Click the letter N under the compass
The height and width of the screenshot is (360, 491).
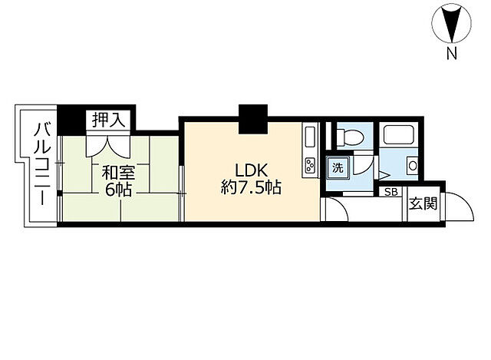click(x=453, y=54)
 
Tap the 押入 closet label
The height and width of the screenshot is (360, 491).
click(x=108, y=120)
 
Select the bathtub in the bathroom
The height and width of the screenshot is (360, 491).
click(x=400, y=137)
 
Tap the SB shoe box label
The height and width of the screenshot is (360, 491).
click(x=390, y=193)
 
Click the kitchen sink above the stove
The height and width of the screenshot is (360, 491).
click(x=310, y=138)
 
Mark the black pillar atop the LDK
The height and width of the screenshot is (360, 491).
click(x=251, y=118)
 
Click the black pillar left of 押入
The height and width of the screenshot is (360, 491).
click(x=73, y=119)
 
